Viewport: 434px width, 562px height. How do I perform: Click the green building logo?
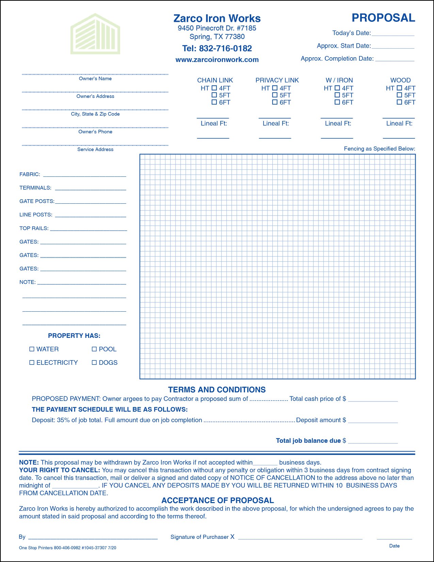click(95, 34)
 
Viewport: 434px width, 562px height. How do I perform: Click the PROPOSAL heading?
click(383, 18)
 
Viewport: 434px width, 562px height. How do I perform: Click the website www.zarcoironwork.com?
click(217, 60)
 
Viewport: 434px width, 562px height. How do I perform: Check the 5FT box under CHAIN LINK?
click(214, 95)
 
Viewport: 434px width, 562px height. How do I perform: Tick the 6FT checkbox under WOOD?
click(399, 102)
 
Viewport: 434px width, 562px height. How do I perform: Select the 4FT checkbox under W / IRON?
click(337, 88)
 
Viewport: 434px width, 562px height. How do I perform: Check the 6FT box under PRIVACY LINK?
click(275, 102)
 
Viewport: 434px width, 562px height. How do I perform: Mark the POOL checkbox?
click(94, 349)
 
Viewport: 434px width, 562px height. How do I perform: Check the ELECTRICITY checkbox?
click(32, 362)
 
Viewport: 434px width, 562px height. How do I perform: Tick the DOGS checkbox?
click(94, 362)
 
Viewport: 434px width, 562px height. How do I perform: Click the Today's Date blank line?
click(393, 34)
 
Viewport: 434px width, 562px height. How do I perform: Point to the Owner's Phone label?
click(95, 132)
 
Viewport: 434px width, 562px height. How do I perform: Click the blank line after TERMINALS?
click(91, 188)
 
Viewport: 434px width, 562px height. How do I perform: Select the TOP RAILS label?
click(34, 228)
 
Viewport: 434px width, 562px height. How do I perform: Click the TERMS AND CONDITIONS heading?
click(217, 390)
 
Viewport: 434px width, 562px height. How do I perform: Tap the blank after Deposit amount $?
click(373, 421)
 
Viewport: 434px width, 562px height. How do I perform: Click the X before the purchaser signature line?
click(232, 537)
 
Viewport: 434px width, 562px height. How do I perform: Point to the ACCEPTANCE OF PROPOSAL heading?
click(218, 500)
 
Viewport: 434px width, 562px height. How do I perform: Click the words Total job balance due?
click(308, 441)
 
